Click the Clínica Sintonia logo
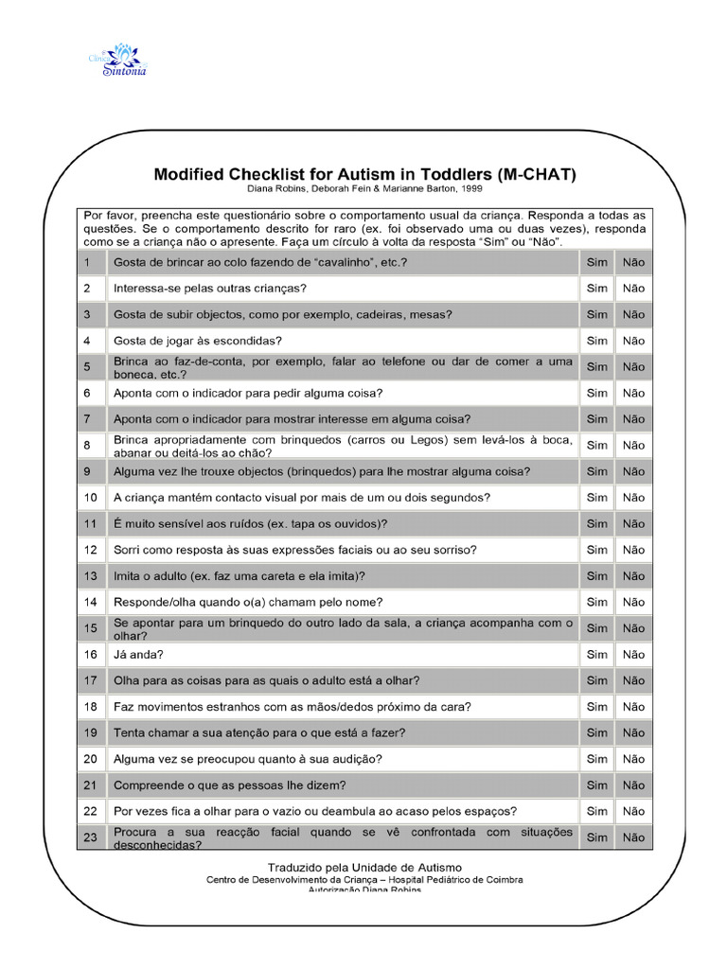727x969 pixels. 124,59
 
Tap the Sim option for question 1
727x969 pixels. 596,262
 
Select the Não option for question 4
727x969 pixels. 633,341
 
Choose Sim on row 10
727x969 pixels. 596,498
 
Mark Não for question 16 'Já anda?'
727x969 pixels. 633,655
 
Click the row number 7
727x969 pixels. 87,419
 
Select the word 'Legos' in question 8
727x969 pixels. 436,439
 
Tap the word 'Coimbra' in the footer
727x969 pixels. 498,879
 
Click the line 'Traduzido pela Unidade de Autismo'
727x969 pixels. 364,867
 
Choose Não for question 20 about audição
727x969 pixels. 633,759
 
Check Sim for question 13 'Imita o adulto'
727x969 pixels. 596,576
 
